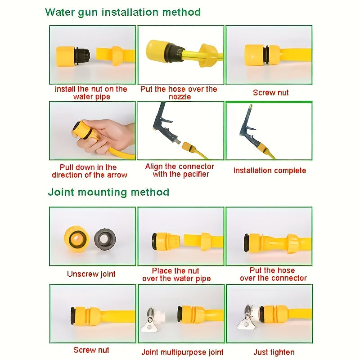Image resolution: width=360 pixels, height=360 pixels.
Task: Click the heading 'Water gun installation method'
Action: (x=123, y=12)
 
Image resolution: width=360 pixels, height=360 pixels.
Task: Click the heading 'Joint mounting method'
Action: (x=108, y=192)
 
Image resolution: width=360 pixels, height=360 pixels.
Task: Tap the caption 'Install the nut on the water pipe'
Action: (x=91, y=93)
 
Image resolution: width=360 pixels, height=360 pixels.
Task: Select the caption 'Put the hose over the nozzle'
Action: (x=179, y=93)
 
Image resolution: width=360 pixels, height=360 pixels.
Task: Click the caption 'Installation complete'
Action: (x=269, y=171)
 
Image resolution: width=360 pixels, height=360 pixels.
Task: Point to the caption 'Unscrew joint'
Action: (x=91, y=274)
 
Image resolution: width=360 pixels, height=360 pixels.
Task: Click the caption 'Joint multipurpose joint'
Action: (x=182, y=352)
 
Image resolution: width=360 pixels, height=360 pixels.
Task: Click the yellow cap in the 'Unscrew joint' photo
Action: (x=76, y=238)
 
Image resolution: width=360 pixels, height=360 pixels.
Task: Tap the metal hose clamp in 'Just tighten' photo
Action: (x=247, y=316)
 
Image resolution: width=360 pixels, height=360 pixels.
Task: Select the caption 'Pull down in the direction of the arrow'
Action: (x=90, y=171)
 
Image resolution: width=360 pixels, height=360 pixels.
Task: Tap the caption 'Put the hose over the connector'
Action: (x=273, y=274)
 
